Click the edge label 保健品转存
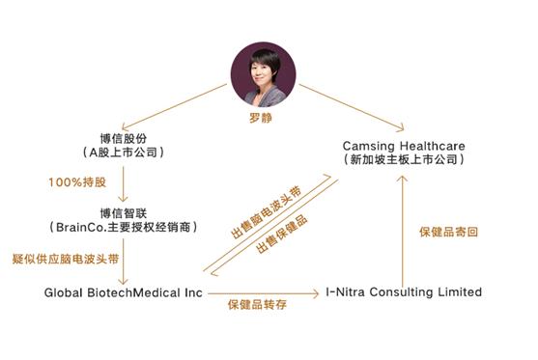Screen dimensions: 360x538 pos(260,306)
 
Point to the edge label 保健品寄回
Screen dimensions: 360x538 pos(449,232)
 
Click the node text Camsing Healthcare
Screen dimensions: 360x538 pos(404,145)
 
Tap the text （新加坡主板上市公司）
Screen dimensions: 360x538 pos(404,159)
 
